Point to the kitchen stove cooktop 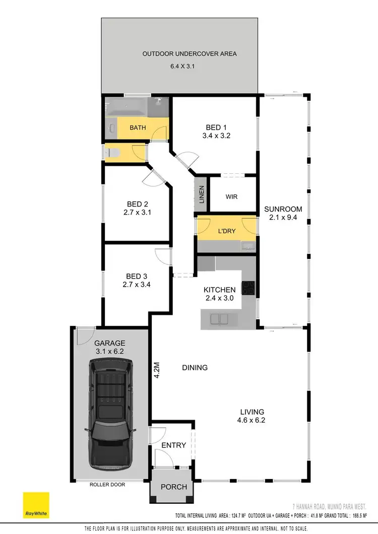tap(249, 288)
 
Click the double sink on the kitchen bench tap(220, 318)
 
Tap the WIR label tap(231, 197)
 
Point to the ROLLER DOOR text tap(107, 485)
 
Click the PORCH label tap(173, 487)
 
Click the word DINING tap(195, 368)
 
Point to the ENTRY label tap(174, 445)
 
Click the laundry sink tap(246, 246)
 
